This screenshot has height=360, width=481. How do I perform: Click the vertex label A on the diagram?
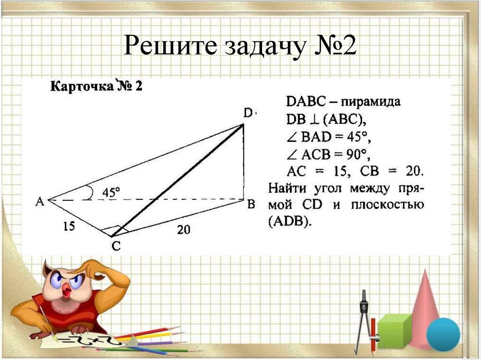pyautogui.click(x=40, y=201)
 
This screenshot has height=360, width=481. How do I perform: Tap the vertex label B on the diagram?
pyautogui.click(x=251, y=204)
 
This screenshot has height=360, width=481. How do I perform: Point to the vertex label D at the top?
pyautogui.click(x=248, y=113)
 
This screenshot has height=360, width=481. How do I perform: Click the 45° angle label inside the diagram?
pyautogui.click(x=111, y=192)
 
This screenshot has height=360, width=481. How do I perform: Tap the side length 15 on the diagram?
pyautogui.click(x=69, y=226)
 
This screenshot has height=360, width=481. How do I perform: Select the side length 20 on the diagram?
pyautogui.click(x=184, y=229)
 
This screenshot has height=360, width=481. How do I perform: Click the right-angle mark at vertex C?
pyautogui.click(x=111, y=231)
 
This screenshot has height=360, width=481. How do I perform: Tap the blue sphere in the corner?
pyautogui.click(x=443, y=334)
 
